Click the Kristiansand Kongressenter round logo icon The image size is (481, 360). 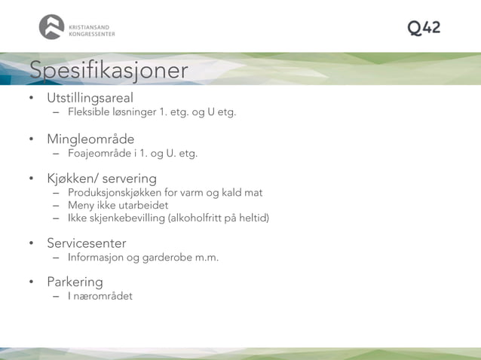[x=52, y=27]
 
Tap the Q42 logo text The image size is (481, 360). [x=424, y=28]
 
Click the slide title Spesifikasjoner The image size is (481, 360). [x=109, y=70]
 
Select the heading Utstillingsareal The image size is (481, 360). [x=90, y=98]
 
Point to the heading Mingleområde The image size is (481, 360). [x=90, y=139]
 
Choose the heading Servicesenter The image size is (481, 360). [x=86, y=243]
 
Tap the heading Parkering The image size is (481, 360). [x=75, y=282]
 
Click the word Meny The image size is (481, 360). [x=81, y=206]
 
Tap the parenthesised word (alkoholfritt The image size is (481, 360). [x=203, y=218]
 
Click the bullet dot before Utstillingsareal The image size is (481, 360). [x=32, y=99]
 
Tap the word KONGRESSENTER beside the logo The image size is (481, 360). [x=92, y=33]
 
